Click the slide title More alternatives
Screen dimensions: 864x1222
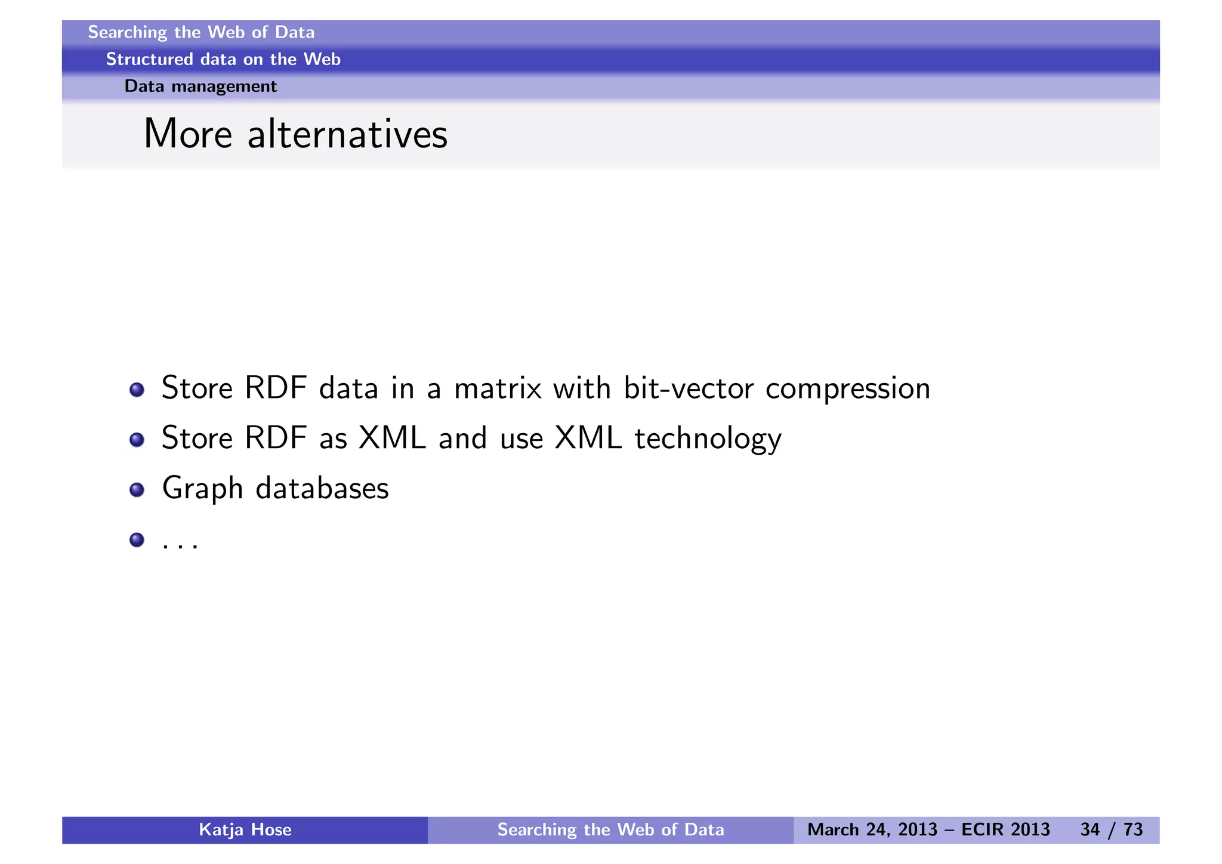(295, 134)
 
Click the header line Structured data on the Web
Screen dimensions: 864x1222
(223, 59)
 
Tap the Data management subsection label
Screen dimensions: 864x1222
(200, 87)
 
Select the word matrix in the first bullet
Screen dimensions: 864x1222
(498, 388)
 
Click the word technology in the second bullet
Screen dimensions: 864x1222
(708, 439)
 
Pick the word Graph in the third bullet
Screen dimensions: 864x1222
(202, 489)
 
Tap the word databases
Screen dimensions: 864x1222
(322, 488)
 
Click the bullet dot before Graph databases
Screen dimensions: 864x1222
(137, 490)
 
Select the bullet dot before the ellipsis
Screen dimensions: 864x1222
(137, 540)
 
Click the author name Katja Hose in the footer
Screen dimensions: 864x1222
(245, 830)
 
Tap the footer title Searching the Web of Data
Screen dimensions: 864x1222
(610, 830)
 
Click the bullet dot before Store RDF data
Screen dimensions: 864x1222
(137, 390)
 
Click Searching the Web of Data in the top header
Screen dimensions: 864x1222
(201, 32)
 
